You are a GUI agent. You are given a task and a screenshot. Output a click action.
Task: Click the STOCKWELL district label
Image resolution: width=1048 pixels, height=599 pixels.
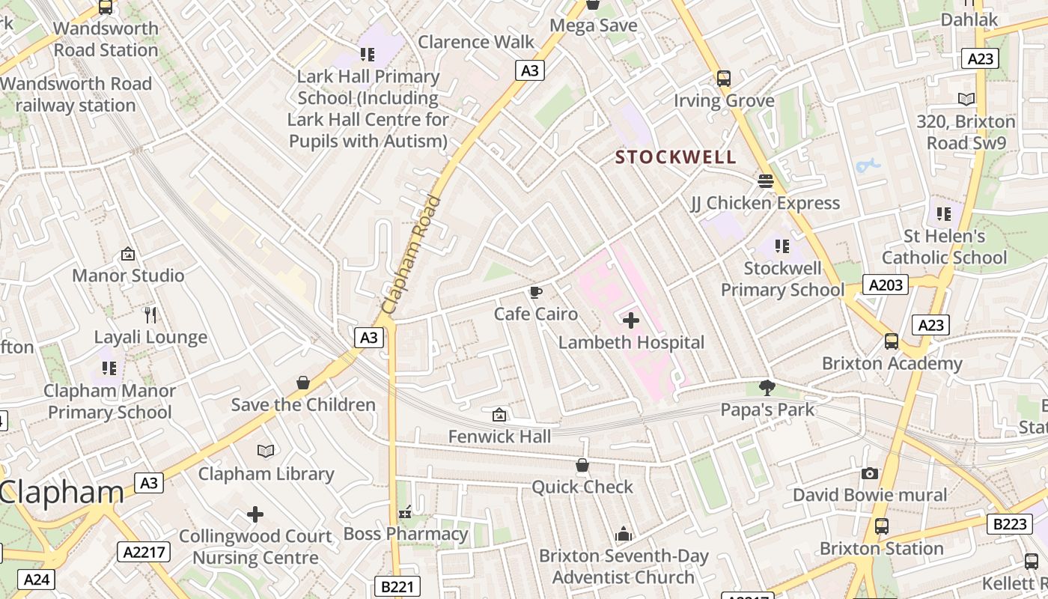coord(675,157)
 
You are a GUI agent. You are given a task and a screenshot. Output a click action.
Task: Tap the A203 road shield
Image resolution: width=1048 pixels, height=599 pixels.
coord(886,285)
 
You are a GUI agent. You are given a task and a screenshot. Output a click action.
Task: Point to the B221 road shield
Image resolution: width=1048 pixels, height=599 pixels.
coord(397,586)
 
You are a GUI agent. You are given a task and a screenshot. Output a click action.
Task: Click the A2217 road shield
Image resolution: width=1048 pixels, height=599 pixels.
coord(144,553)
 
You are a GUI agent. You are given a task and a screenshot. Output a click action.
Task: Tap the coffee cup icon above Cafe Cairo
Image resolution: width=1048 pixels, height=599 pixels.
coord(535,292)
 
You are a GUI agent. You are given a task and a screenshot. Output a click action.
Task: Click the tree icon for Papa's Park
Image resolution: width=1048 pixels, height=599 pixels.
coord(767,388)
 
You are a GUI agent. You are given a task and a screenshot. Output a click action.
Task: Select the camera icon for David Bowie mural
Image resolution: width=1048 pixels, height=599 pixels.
coord(869,473)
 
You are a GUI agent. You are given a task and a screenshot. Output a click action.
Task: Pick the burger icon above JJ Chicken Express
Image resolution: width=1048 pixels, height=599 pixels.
coord(765,181)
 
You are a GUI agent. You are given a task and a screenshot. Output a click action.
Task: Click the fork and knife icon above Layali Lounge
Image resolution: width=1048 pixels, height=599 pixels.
coord(150,315)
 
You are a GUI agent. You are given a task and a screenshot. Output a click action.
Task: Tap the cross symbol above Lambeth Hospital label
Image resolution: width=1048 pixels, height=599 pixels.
coord(631,321)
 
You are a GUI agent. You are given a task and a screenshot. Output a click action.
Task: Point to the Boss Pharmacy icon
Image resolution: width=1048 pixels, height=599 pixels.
coord(405,513)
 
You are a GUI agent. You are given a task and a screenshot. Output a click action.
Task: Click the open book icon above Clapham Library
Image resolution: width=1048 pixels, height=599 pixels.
coord(266,451)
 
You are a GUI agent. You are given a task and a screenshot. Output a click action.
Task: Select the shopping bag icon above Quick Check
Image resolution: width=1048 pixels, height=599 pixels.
coord(582,466)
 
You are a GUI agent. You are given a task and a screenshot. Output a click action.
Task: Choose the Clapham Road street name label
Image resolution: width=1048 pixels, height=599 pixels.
coord(411,255)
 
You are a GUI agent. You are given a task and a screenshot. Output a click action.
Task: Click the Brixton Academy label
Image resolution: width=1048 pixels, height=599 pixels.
coord(892,364)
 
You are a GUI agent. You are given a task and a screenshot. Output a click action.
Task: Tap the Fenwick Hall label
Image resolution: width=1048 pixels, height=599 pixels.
coord(499,437)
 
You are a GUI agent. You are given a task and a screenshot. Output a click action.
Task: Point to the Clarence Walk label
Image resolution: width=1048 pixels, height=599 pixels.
coord(476,42)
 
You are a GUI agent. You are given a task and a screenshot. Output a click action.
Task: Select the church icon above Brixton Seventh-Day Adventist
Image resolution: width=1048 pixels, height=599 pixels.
coord(624,534)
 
